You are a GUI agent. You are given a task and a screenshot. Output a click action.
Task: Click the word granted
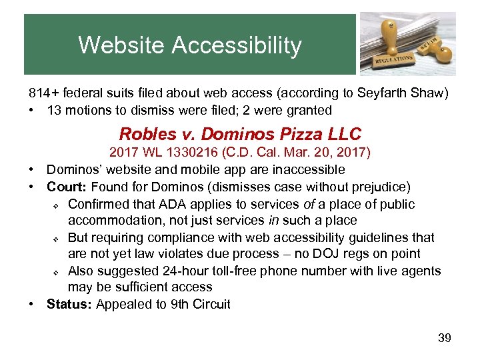[309, 110]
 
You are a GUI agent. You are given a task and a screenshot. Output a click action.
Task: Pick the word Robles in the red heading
[143, 133]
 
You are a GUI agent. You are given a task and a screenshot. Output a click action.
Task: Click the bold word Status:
[69, 305]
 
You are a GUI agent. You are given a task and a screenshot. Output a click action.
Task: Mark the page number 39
[445, 338]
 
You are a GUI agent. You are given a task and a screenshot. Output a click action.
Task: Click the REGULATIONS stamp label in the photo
[393, 59]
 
